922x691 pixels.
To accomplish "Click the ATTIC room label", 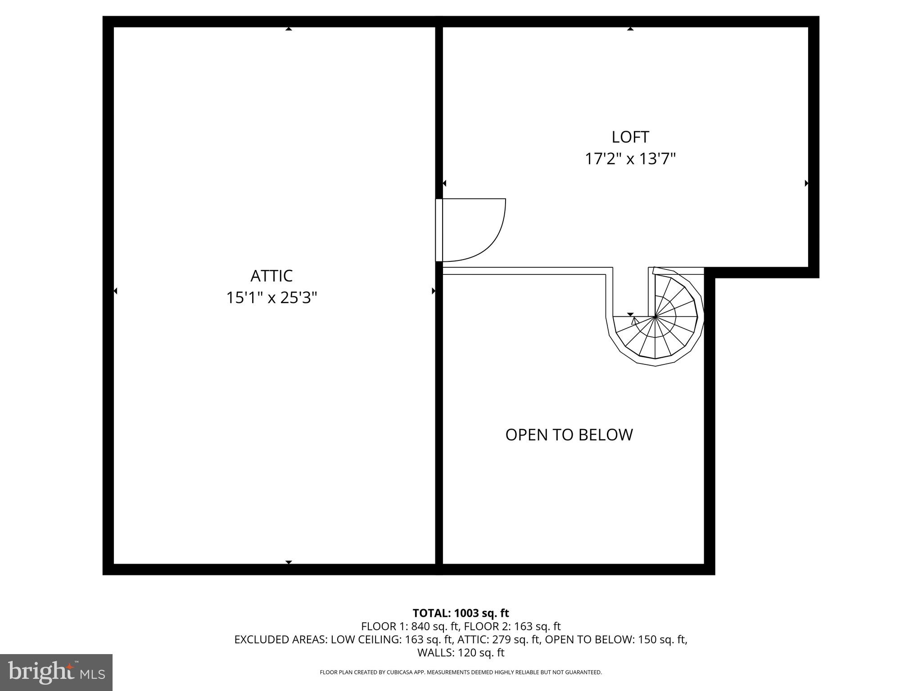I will [271, 275].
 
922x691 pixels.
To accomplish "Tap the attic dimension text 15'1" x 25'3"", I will [271, 298].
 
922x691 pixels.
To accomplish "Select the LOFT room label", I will [630, 137].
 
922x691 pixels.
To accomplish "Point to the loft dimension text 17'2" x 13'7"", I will [630, 159].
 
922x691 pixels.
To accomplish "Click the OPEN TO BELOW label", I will [569, 435].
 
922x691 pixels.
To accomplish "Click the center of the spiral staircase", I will [655, 317].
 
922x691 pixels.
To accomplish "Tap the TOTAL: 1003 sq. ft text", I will [461, 613].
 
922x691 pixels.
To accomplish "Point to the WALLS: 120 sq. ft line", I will [461, 652].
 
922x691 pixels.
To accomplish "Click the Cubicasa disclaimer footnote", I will [461, 672].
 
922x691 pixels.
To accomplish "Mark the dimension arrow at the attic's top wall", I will [289, 29].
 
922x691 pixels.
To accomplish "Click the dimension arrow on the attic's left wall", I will [115, 291].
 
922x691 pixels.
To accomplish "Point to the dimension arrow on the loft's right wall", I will [806, 183].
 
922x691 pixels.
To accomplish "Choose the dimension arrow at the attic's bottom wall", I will [289, 562].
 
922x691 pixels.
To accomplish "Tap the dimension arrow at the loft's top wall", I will [630, 29].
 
